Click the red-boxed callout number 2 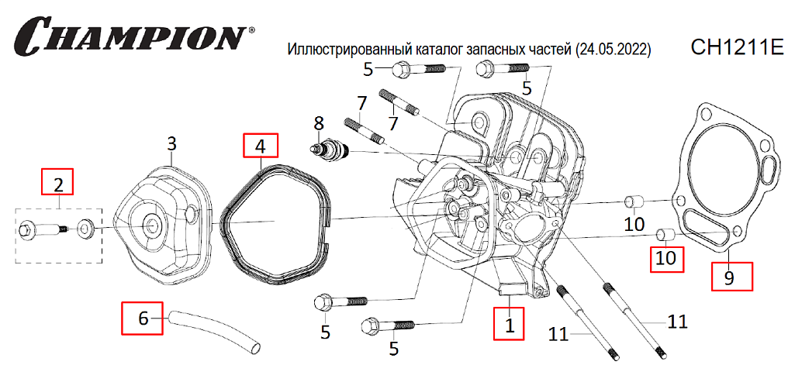point(58,184)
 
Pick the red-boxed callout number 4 point(261,146)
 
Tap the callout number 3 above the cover point(172,143)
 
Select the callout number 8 point(318,122)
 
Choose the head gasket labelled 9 point(725,178)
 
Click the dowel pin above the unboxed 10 point(636,204)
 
